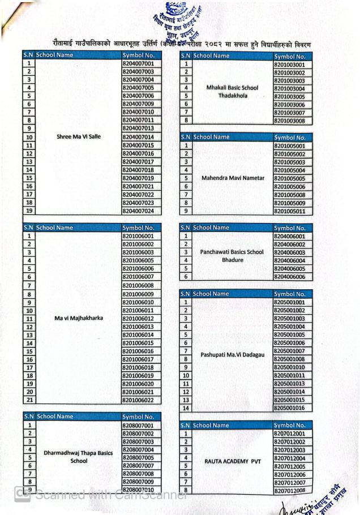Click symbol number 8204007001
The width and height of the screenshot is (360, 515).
tap(138, 64)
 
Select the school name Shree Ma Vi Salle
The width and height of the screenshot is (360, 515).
tap(79, 136)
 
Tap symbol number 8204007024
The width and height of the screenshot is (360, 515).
tap(138, 211)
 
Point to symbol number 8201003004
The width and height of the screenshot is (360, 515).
tap(289, 88)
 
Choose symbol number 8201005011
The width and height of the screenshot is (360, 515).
tap(289, 211)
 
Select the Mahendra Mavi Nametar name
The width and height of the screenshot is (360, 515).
tap(233, 178)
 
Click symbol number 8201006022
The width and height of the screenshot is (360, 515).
tap(138, 400)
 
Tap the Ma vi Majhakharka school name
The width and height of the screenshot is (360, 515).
tap(79, 317)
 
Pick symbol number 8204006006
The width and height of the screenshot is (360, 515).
tap(289, 277)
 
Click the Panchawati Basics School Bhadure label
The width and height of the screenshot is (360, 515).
tap(232, 256)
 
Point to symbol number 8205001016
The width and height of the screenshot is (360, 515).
tap(289, 407)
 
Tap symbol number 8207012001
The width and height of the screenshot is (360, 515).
tap(289, 434)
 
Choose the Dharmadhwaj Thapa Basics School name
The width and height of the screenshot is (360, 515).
tap(79, 457)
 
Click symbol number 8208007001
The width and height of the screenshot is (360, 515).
tap(138, 425)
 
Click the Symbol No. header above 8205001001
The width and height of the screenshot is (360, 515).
tap(289, 294)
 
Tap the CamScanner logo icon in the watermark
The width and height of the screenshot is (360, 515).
tap(23, 494)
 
